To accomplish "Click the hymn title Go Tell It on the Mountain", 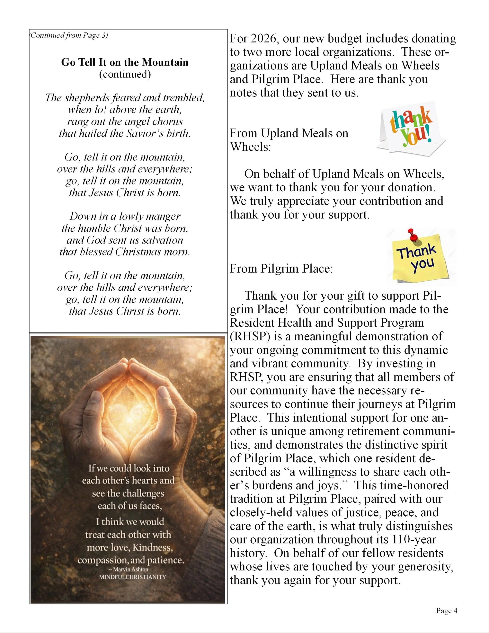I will pos(125,62).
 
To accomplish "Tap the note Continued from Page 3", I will pos(69,35).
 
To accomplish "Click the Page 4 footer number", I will pos(446,611).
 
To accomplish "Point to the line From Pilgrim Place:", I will pos(281,268).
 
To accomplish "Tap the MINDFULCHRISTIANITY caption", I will pos(132,577).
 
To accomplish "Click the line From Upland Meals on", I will pos(289,133).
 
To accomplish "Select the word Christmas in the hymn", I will pos(134,252).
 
